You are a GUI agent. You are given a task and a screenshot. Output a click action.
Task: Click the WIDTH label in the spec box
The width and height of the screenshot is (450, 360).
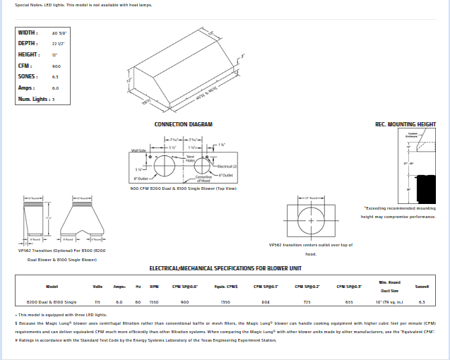28,32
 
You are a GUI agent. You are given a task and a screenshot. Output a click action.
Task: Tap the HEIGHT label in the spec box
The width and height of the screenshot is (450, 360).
29,54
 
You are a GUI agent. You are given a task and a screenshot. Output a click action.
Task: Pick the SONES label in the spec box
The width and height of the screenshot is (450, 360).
28,76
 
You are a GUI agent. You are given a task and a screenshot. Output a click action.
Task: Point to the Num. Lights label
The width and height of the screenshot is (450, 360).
35,99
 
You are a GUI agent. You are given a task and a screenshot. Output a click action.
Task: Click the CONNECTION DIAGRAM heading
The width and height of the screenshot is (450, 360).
183,124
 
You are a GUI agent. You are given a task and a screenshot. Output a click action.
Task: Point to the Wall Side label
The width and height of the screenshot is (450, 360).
138,150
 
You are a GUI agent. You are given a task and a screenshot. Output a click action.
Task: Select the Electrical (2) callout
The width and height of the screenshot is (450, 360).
227,166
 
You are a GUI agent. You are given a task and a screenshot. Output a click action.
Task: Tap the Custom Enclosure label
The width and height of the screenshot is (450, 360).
413,134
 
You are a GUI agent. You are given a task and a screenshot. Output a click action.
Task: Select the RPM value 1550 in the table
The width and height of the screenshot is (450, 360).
154,301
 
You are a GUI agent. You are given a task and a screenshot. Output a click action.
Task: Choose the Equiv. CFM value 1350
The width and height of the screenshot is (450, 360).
225,301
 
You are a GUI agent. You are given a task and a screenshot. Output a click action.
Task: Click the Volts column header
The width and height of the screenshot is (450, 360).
97,286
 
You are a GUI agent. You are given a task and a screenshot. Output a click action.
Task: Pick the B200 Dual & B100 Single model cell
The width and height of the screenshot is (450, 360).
52,301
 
